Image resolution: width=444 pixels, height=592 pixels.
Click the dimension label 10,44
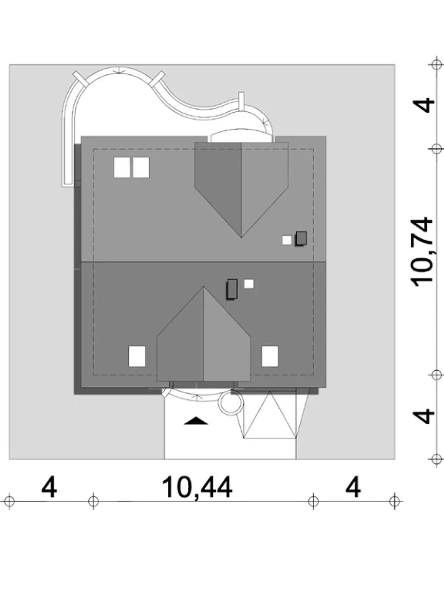(197, 488)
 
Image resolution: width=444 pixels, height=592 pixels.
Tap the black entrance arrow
(196, 421)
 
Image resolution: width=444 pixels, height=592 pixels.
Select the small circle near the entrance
(231, 402)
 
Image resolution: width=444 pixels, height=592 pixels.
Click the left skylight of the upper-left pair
(122, 168)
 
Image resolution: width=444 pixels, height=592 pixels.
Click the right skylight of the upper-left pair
(141, 168)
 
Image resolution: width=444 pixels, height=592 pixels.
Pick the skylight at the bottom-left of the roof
(137, 356)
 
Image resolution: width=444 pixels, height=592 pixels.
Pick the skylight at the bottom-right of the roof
(270, 356)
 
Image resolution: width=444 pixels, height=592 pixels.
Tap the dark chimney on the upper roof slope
(301, 239)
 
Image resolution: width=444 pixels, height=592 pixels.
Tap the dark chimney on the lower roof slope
(232, 289)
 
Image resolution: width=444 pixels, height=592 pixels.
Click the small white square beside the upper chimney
(287, 240)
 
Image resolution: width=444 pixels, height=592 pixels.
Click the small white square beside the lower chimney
(249, 284)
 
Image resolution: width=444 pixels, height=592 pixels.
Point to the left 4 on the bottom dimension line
(49, 488)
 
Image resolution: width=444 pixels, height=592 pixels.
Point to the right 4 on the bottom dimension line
(353, 488)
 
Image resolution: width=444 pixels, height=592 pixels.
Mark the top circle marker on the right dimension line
(435, 65)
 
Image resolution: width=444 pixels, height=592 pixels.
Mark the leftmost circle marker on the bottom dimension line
(9, 501)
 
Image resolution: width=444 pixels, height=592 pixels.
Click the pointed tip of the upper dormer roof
(241, 238)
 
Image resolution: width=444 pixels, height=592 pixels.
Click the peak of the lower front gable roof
(204, 286)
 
